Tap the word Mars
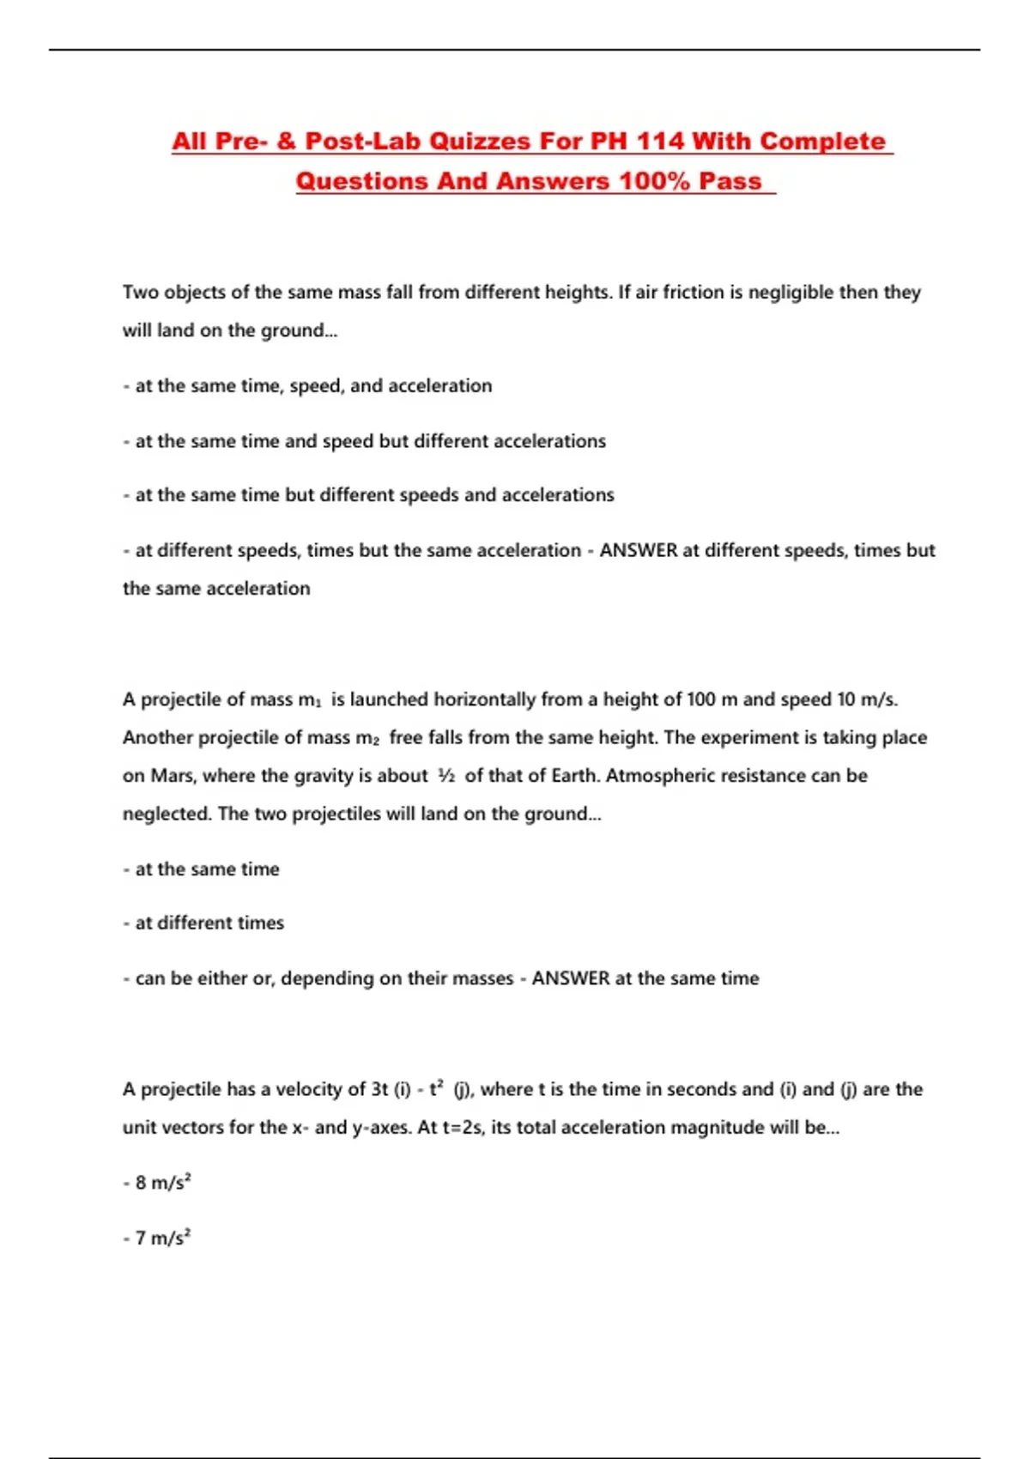click(173, 776)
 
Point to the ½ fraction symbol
click(446, 776)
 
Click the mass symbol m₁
click(310, 700)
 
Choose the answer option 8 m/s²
click(162, 1183)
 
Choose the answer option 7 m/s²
click(162, 1238)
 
